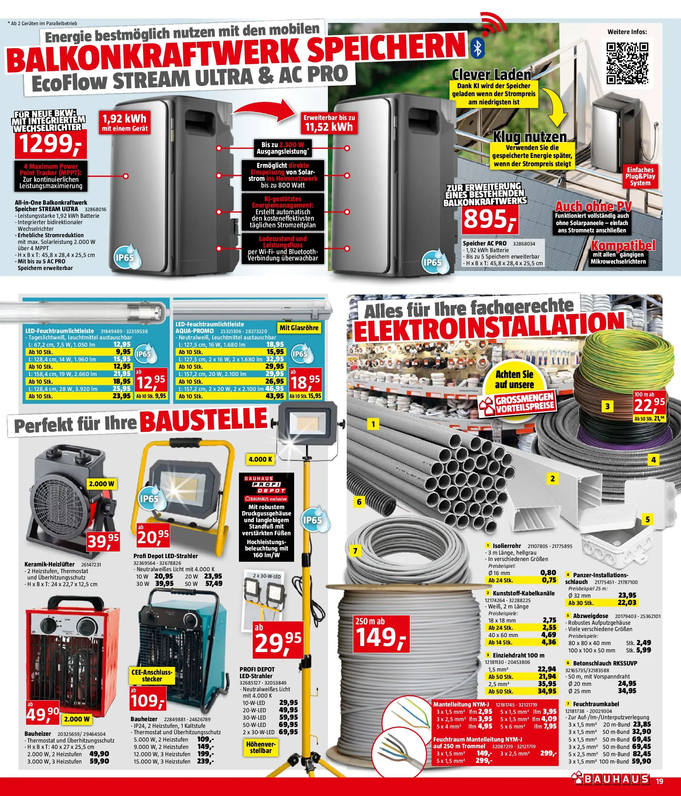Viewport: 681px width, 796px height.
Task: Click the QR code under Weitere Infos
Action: point(627,63)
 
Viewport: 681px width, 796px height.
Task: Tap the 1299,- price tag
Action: point(50,144)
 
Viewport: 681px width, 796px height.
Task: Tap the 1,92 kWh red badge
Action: point(125,122)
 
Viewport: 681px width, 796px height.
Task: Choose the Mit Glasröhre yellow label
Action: point(299,328)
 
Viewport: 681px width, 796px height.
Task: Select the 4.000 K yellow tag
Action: point(260,459)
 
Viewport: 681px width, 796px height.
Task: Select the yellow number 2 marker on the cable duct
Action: point(553,479)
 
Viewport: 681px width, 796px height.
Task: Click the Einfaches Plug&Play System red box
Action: point(640,176)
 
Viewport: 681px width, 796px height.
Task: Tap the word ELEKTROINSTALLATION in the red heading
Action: point(488,327)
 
